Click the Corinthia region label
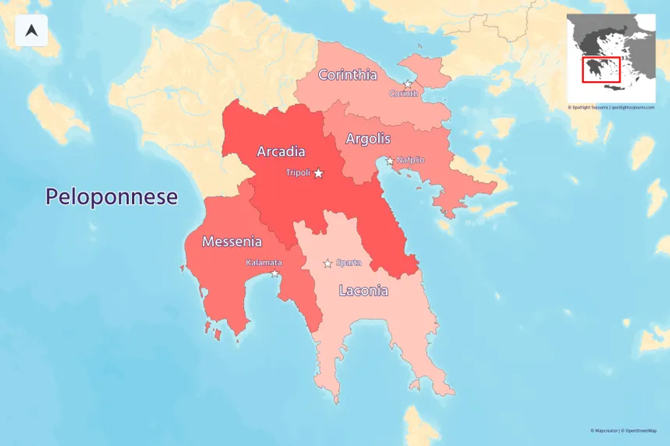[348, 75]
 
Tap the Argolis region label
[368, 139]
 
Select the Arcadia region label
[281, 151]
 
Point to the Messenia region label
[232, 242]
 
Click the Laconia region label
[363, 291]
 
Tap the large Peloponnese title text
[112, 197]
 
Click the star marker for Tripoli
[319, 173]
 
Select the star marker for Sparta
[328, 263]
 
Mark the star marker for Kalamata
[275, 273]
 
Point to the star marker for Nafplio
[390, 161]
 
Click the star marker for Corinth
[408, 84]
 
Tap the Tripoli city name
[298, 173]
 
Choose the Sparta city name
[349, 263]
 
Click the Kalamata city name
[263, 263]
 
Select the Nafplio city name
[410, 160]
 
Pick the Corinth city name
[403, 94]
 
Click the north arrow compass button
[32, 30]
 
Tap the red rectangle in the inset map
[601, 69]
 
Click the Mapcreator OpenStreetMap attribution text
[623, 431]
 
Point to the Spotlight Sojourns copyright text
[610, 107]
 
